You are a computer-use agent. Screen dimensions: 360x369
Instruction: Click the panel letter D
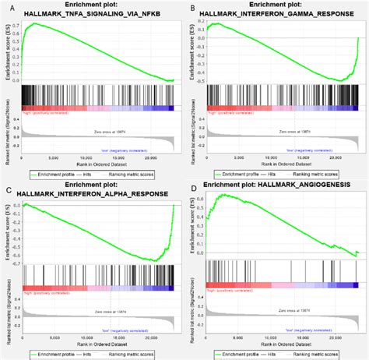pyautogui.click(x=192, y=189)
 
